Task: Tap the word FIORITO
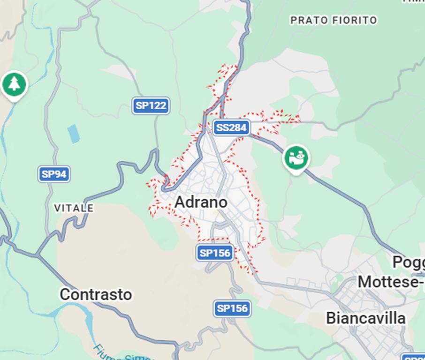tap(355, 20)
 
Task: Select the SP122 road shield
tap(151, 105)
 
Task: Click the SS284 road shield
tap(231, 127)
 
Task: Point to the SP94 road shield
tap(54, 174)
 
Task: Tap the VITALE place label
tap(74, 208)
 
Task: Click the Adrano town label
tap(201, 202)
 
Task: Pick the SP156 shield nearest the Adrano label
tap(215, 253)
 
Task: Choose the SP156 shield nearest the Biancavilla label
tap(232, 308)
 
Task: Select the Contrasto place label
tap(96, 294)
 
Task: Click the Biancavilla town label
tap(365, 318)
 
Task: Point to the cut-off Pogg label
tap(408, 262)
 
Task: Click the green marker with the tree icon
tap(15, 84)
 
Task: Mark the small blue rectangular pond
tap(74, 134)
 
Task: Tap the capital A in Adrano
tap(180, 202)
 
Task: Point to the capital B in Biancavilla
tap(331, 318)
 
